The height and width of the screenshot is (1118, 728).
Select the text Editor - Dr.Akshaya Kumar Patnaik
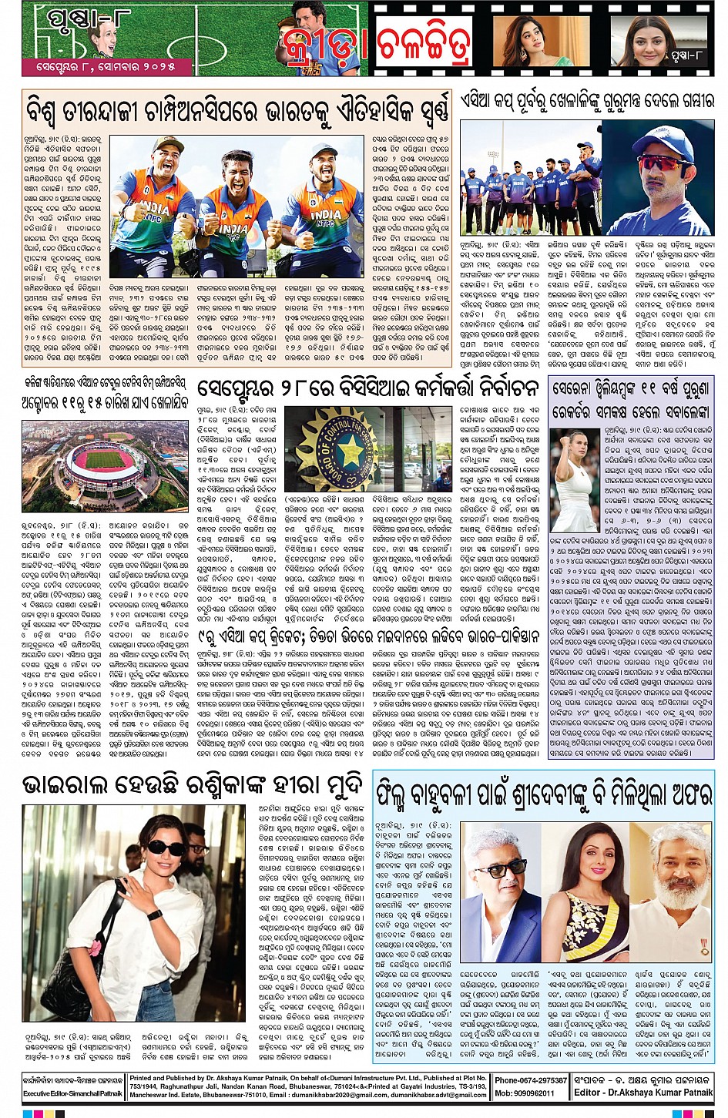[x=643, y=1093]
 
